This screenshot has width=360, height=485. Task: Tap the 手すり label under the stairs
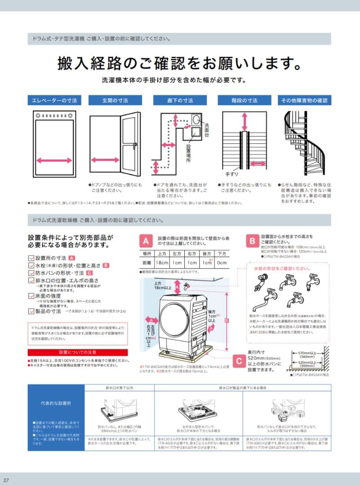tap(231, 174)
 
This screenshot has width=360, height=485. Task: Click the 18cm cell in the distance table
tap(162, 263)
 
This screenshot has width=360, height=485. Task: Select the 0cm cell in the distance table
tap(222, 263)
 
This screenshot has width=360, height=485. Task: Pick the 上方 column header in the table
tap(162, 254)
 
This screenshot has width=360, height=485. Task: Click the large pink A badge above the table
tap(146, 241)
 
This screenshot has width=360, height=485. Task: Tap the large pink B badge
tap(253, 241)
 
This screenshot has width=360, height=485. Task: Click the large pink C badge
tap(239, 359)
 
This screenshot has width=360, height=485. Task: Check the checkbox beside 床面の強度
tap(31, 296)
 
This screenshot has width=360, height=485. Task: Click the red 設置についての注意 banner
tap(78, 353)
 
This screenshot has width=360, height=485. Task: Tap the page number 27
tap(6, 481)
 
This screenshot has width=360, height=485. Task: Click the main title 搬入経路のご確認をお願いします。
tap(179, 63)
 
